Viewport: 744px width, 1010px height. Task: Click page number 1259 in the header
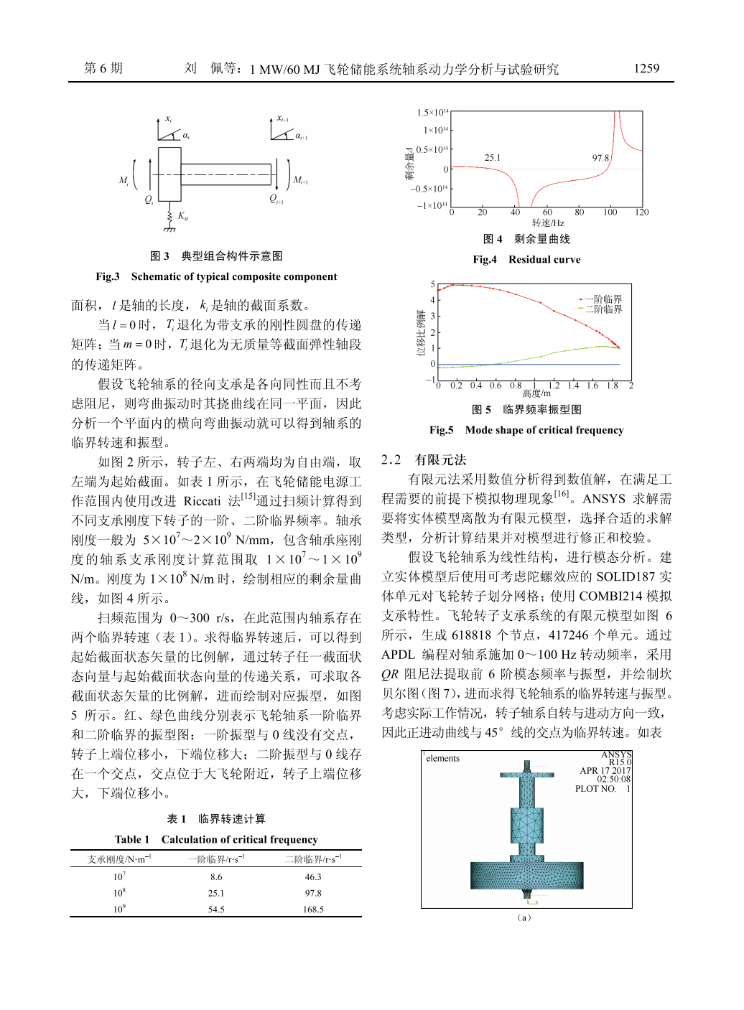tap(646, 68)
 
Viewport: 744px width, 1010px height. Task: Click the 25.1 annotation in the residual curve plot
tap(493, 158)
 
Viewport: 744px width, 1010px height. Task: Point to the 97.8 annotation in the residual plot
tap(600, 158)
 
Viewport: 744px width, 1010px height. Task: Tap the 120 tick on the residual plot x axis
tap(642, 212)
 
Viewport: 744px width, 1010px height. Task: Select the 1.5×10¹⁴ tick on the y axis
tap(432, 113)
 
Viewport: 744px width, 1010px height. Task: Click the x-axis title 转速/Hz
tap(548, 223)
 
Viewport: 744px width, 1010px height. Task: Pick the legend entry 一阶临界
tap(603, 299)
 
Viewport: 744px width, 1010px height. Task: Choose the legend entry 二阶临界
tap(603, 309)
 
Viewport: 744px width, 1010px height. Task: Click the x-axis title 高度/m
tap(536, 393)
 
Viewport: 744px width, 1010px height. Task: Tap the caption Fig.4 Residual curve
tap(526, 260)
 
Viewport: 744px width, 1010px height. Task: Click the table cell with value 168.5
tap(313, 910)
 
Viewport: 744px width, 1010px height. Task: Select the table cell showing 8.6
tap(216, 877)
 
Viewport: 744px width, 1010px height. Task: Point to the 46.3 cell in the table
tap(313, 877)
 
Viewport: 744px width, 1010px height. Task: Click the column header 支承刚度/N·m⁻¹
tap(119, 859)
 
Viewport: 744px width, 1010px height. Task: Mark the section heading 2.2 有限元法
tap(424, 460)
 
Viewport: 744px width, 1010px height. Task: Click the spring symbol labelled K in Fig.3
tap(170, 215)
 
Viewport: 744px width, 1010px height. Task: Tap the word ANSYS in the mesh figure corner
tap(616, 754)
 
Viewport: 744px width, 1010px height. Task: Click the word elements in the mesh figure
tap(442, 759)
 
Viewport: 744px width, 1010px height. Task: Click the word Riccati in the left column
tap(202, 501)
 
